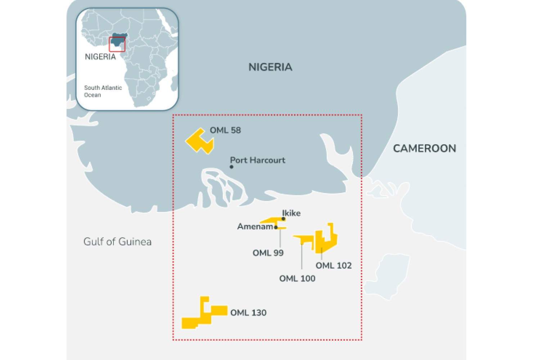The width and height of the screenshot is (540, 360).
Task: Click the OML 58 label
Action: click(225, 130)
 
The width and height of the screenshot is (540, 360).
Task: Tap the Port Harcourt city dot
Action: click(231, 167)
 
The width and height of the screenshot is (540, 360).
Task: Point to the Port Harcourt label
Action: click(257, 160)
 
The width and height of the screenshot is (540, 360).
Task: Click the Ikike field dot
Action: click(284, 219)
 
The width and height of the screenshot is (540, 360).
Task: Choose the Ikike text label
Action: click(291, 213)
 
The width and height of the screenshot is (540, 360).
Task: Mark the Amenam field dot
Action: click(276, 227)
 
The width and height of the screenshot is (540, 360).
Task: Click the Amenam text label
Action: click(255, 226)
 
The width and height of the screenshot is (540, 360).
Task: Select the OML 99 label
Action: click(268, 253)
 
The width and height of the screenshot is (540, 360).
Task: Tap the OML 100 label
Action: click(297, 278)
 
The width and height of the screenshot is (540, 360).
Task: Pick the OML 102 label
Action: click(333, 266)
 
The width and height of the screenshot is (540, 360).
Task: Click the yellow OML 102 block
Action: click(328, 239)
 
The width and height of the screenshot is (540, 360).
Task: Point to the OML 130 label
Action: click(248, 312)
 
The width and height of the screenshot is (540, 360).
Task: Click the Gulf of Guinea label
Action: click(117, 242)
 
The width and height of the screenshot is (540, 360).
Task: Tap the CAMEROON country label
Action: click(424, 148)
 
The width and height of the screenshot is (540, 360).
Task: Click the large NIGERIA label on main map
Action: click(270, 67)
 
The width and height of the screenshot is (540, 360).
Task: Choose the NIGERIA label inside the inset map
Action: click(100, 57)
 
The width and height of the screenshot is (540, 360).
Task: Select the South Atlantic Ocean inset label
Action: click(103, 91)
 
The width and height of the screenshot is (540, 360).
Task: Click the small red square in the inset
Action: click(117, 44)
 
